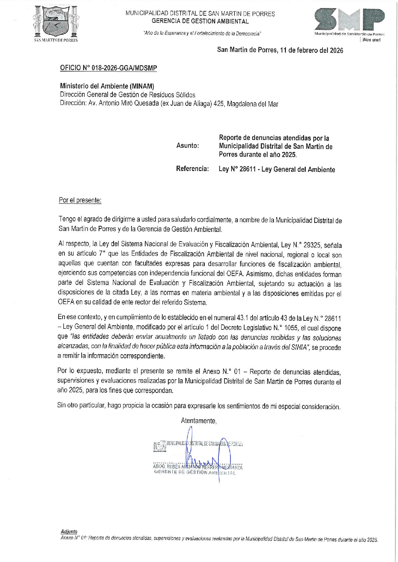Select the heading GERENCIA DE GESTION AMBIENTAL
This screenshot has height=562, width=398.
[200, 21]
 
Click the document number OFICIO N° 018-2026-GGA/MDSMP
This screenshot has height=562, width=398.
[108, 68]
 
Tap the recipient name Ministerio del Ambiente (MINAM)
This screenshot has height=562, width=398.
[107, 86]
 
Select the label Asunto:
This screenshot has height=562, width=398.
[187, 146]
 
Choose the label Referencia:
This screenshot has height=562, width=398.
[192, 169]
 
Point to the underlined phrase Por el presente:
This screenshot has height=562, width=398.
[80, 200]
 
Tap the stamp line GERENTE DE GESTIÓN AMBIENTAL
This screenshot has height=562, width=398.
[195, 473]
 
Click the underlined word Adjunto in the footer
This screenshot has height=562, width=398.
[69, 531]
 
